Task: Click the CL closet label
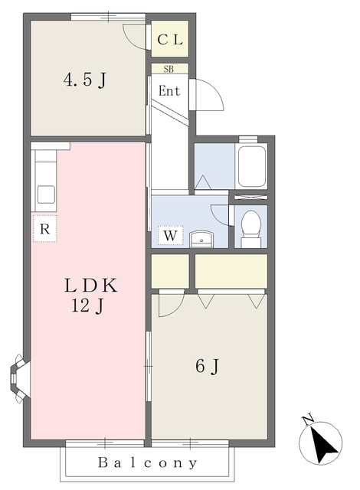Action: (170, 40)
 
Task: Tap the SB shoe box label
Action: (169, 69)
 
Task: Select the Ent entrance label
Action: (169, 91)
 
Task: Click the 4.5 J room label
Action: (85, 80)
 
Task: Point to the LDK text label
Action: (90, 286)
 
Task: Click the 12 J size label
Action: (87, 305)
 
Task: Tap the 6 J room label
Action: (207, 366)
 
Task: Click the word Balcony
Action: (148, 462)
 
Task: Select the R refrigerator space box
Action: (45, 228)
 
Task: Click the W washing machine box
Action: (170, 235)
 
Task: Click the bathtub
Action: (252, 166)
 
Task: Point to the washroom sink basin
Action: (201, 240)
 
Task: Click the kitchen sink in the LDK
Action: (46, 194)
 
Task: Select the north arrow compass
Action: (320, 443)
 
